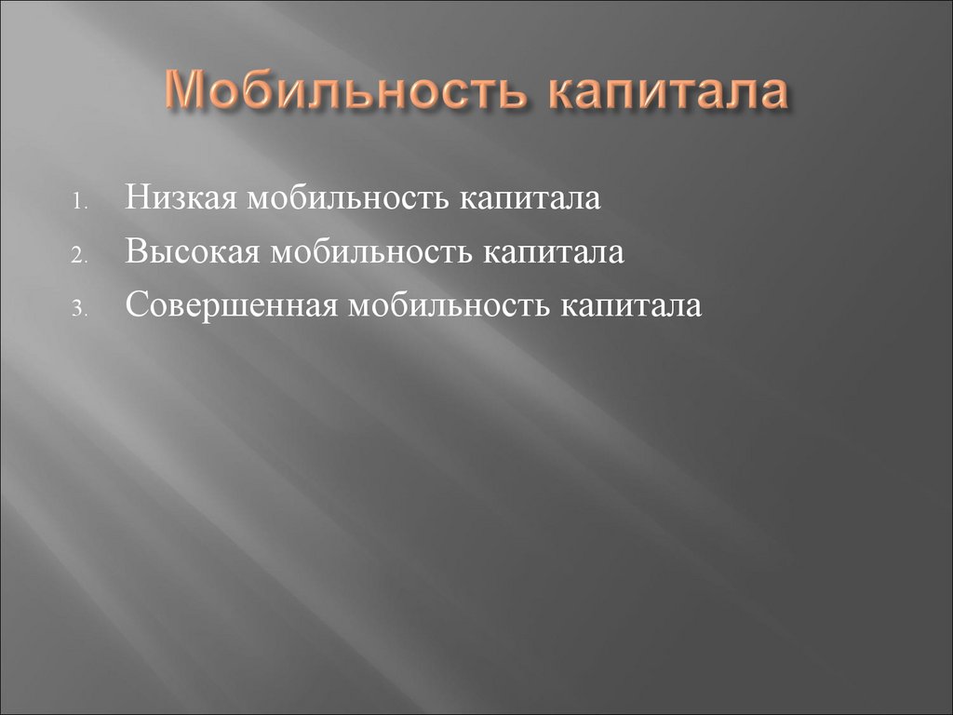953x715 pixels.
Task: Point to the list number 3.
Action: coord(80,309)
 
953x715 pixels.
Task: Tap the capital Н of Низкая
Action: coord(135,200)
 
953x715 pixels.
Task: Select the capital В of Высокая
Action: coord(134,252)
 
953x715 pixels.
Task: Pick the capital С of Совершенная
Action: coord(135,305)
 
